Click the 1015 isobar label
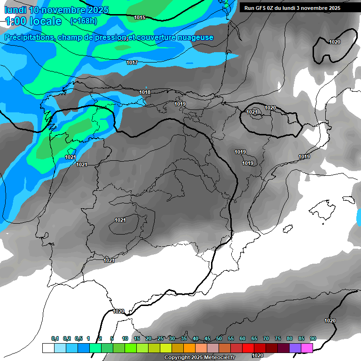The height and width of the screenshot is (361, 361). [x=140, y=18]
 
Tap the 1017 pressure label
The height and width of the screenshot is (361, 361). [x=132, y=63]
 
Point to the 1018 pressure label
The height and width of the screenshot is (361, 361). [x=145, y=92]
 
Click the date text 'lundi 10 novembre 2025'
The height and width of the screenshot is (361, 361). [x=56, y=10]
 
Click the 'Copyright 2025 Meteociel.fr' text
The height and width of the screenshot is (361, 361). [x=199, y=358]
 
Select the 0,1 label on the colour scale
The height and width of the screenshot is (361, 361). [x=55, y=338]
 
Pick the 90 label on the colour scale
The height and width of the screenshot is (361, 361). [x=313, y=338]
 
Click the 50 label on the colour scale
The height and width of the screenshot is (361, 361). [x=219, y=338]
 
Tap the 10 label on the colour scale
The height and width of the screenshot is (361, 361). [x=125, y=338]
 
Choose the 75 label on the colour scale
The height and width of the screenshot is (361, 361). [x=278, y=338]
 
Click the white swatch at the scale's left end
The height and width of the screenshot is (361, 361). [x=48, y=348]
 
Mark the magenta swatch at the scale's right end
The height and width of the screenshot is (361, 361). [x=307, y=348]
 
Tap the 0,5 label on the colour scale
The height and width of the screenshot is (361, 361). [x=78, y=338]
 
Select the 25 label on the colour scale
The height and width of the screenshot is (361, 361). [x=160, y=338]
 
